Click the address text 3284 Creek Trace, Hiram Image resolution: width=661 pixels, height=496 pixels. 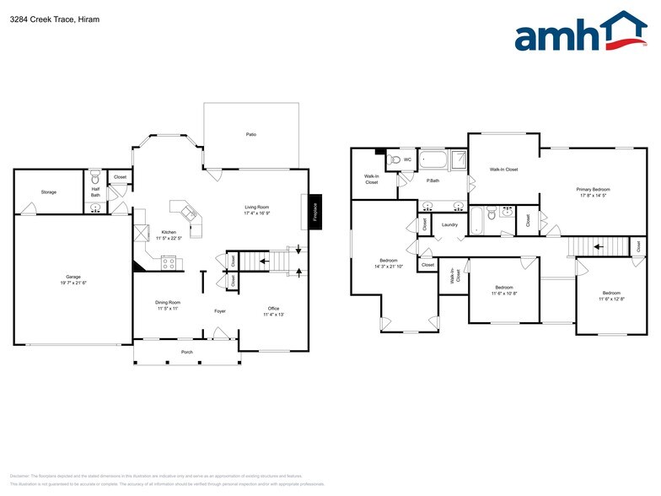(x=51, y=19)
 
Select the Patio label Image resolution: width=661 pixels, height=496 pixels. (x=250, y=134)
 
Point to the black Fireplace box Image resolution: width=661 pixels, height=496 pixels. (x=314, y=208)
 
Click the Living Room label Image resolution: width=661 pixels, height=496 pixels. (x=256, y=207)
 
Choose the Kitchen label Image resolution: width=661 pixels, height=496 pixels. (x=169, y=232)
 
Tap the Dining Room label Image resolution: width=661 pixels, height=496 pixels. (x=168, y=302)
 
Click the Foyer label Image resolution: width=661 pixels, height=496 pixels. (x=219, y=311)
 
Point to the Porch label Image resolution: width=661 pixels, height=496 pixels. (x=187, y=352)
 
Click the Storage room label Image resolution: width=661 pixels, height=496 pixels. (x=49, y=192)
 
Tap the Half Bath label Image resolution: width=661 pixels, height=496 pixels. (x=95, y=192)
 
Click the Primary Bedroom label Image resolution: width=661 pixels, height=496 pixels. (x=593, y=189)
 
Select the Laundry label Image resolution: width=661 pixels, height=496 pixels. (x=449, y=224)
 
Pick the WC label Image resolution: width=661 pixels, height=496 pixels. (x=407, y=159)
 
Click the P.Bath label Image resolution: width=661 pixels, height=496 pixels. (x=433, y=181)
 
